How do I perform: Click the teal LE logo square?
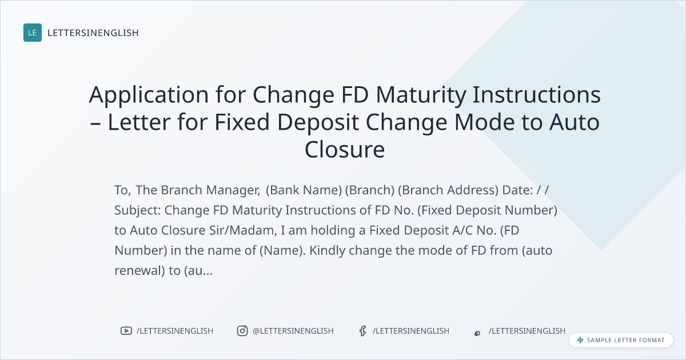point(33,33)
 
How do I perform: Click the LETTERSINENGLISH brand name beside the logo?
point(93,33)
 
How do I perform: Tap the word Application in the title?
point(149,95)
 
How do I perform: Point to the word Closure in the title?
point(345,150)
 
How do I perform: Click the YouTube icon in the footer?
point(126,331)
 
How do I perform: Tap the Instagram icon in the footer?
point(242,331)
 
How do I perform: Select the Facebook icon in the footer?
point(363,331)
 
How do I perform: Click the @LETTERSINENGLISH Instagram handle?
point(293,331)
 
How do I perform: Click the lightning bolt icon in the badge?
point(580,340)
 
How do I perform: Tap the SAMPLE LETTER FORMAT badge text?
point(625,340)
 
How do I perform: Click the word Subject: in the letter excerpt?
point(138,211)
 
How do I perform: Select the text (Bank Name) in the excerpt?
point(304,190)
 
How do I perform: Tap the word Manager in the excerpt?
point(233,190)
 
